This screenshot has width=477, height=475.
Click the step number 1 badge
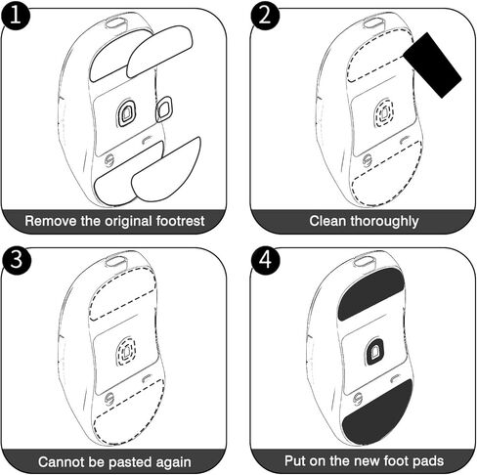point(15,16)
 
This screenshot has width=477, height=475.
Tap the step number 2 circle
point(265,16)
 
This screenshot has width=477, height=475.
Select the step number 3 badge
point(16,260)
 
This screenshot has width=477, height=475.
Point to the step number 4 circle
point(266,260)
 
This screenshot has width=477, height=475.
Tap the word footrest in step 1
point(180,221)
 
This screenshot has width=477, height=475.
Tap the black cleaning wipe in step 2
point(433,65)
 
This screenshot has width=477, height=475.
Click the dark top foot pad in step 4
point(371,293)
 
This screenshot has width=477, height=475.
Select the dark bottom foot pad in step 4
point(378,413)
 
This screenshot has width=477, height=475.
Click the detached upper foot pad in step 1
point(159,52)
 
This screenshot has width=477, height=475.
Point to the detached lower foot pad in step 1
point(166,170)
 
